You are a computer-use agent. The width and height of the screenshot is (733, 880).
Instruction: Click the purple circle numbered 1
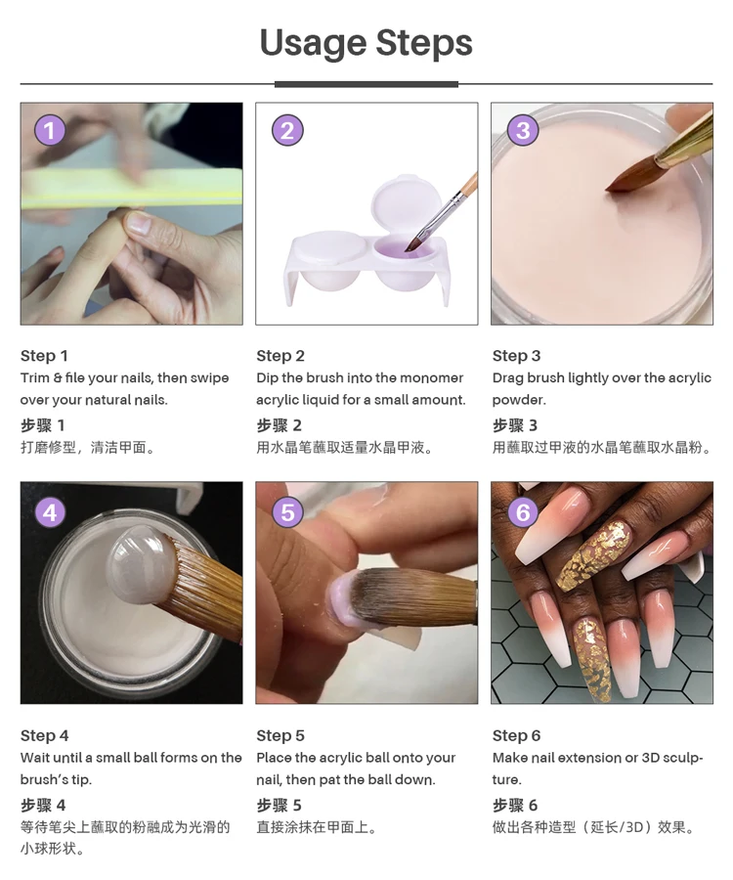pos(50,130)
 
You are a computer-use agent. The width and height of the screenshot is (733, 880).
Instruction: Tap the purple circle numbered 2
pos(287,130)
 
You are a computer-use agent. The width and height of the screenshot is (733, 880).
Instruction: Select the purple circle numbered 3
pos(523,130)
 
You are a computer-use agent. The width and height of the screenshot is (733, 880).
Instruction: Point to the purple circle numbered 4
pos(50,512)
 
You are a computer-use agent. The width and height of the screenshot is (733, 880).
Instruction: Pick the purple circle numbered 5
pos(287,512)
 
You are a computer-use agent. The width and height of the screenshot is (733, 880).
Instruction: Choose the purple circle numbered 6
pos(523,512)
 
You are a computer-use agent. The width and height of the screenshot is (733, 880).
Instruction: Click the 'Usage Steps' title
pos(366,43)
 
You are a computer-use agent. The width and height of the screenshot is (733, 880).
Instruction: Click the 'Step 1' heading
pos(44,356)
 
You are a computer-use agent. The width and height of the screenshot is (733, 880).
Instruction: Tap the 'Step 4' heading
pos(44,735)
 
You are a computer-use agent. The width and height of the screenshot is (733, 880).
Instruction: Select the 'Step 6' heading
pos(517,735)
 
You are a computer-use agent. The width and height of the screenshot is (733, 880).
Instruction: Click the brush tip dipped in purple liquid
pos(413,242)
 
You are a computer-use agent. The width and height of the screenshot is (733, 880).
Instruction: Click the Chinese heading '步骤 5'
pos(279,806)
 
